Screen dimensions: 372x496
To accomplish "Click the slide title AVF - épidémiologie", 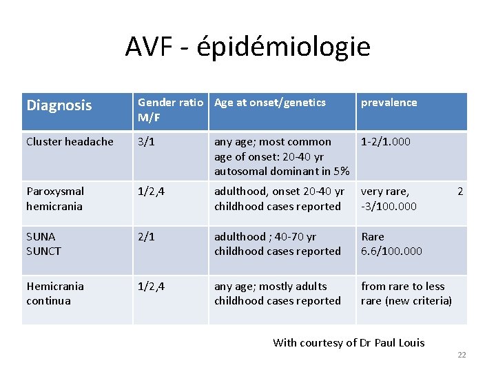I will point(247,47).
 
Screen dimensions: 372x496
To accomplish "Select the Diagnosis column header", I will point(59,105).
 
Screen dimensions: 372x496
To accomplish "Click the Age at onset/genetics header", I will point(270,103).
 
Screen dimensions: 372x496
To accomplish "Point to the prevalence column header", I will point(389,103).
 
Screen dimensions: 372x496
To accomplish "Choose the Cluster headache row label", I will point(70,142).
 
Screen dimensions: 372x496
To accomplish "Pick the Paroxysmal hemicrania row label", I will point(55,198).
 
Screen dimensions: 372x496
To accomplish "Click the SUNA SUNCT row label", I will point(43,244).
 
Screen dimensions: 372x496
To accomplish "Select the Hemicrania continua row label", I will point(55,293).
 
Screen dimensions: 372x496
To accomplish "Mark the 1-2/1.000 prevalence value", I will point(386,142).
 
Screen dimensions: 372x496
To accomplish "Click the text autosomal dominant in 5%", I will point(282,171).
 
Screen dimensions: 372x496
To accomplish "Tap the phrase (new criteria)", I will point(419,301).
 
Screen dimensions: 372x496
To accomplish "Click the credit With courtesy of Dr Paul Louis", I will point(349,342).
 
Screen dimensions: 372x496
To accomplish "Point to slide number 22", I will point(462,355).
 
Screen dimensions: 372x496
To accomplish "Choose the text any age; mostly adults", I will point(271,287).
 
